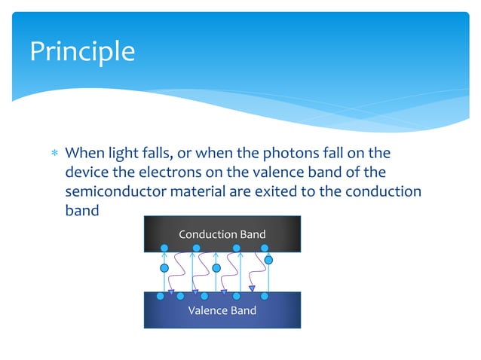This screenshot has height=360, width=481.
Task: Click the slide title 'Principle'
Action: [82, 51]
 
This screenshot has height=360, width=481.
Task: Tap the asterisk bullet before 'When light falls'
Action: [52, 154]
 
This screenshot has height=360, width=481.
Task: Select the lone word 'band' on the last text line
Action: [81, 210]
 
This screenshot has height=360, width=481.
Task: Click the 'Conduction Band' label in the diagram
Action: [222, 234]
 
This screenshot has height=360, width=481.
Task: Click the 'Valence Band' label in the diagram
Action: [222, 310]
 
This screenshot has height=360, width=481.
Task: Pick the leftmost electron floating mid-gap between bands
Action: [164, 268]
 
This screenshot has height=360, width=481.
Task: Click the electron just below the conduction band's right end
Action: [268, 260]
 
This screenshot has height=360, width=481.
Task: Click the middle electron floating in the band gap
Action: [216, 268]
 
